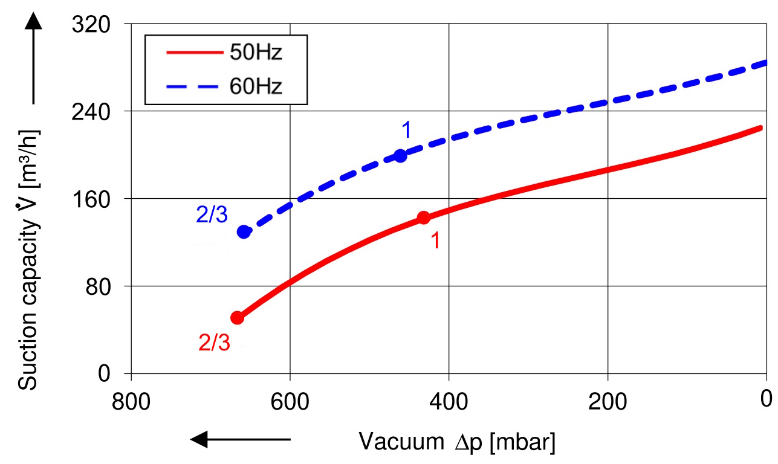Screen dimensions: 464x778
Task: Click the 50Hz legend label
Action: (x=256, y=53)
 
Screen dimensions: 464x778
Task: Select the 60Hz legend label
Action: (x=256, y=86)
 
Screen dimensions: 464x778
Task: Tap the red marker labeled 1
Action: (x=423, y=217)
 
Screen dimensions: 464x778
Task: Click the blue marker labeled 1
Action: (x=400, y=156)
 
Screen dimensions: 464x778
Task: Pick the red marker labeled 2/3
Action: (x=238, y=318)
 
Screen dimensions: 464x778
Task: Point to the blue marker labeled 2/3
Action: (x=244, y=232)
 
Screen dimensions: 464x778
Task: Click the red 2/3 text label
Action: (x=215, y=343)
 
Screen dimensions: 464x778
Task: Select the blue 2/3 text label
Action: (x=212, y=215)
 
